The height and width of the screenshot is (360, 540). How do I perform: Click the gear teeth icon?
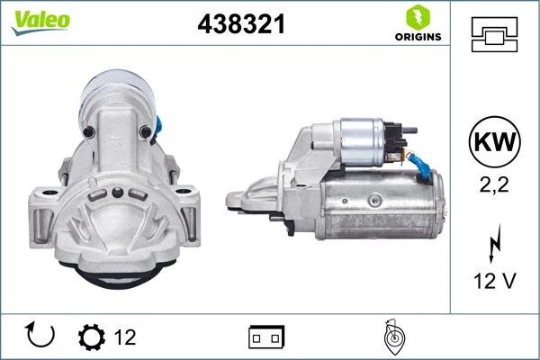91,337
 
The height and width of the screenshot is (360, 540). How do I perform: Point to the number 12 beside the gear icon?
126,337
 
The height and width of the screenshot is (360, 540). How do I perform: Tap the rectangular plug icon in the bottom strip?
265,337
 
